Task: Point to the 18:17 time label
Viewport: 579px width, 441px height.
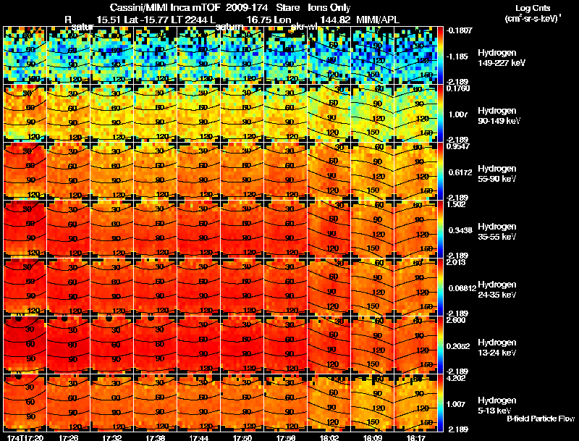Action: point(415,437)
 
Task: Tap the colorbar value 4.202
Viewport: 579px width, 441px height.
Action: point(457,377)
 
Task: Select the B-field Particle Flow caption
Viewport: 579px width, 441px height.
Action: point(540,419)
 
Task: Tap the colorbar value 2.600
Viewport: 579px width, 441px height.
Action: point(457,319)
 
